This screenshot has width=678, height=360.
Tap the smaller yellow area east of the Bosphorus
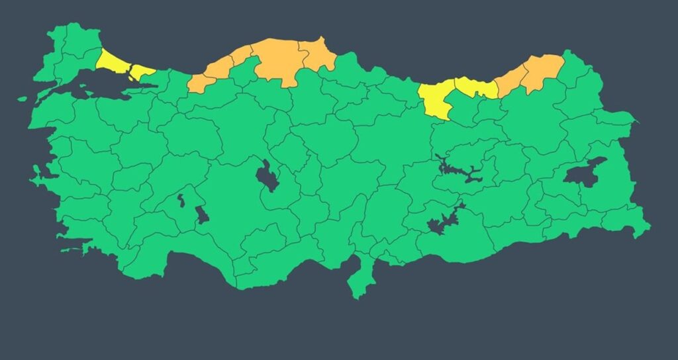[141, 71]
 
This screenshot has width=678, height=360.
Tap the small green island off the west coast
[23, 99]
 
